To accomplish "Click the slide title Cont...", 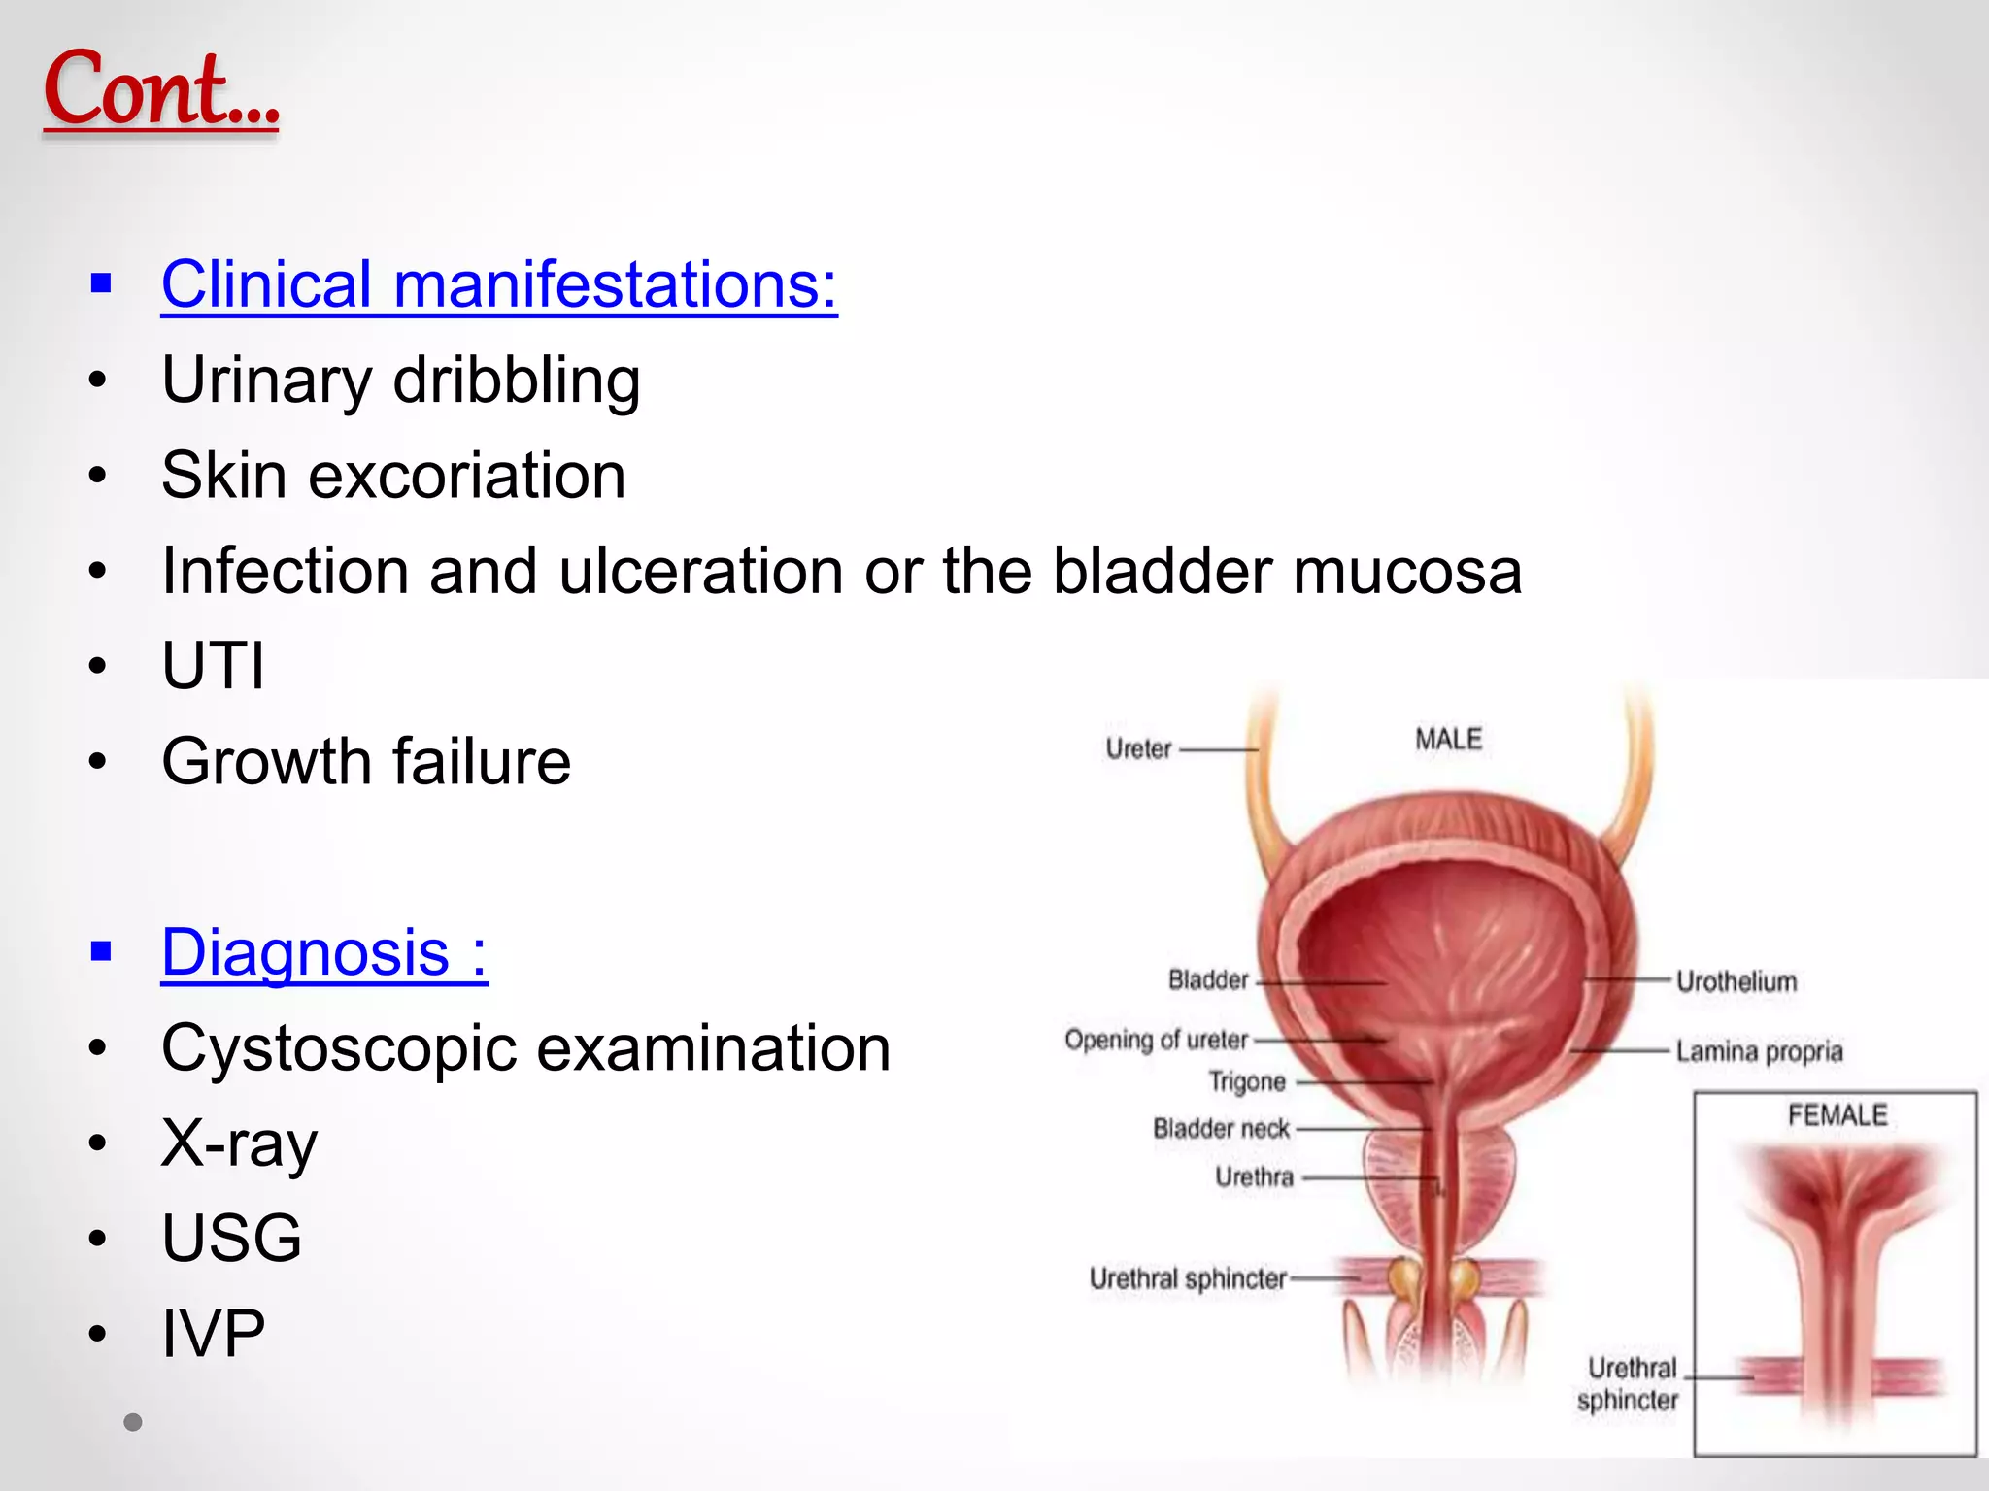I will pos(161,89).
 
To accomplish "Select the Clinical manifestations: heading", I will pos(499,284).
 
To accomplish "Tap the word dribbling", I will pos(517,380).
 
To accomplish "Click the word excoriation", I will pos(466,476).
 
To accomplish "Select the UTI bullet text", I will pos(214,666).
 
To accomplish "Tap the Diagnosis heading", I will pos(324,953).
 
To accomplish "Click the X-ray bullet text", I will pos(240,1143).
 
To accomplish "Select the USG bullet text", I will pos(232,1239).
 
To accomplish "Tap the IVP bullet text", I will pos(214,1334).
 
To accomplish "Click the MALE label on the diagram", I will pos(1448,740).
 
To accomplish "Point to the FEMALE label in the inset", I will pos(1837,1115).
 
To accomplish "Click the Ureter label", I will pos(1138,749).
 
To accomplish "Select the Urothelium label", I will pos(1736,981).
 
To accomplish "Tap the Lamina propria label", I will pos(1759,1051).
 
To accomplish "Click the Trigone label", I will pos(1247,1081).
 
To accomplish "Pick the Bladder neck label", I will pos(1221,1129).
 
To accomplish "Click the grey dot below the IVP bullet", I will pos(133,1422).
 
